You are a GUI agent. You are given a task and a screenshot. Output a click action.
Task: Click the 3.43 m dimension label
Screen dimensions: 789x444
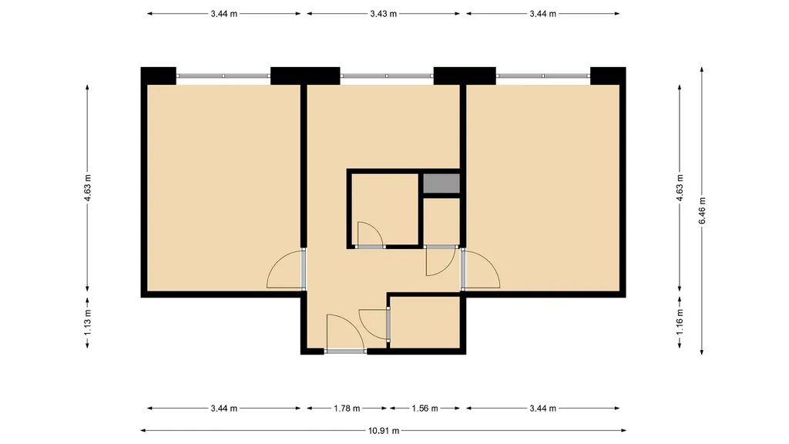[x=384, y=14]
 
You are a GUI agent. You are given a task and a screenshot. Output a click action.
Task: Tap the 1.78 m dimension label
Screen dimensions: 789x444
[x=347, y=409]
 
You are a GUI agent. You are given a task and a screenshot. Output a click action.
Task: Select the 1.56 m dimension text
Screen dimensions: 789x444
[x=425, y=409]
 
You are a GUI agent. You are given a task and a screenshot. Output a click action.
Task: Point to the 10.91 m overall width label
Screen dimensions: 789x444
[x=384, y=430]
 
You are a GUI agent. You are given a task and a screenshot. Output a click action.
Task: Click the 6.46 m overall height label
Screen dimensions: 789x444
[x=702, y=210]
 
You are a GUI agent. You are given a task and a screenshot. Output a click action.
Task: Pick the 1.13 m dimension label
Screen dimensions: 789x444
[x=88, y=322]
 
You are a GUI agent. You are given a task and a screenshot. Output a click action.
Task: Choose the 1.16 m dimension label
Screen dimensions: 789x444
[x=680, y=322]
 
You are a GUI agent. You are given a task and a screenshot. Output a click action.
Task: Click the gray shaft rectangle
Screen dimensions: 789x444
[x=442, y=183]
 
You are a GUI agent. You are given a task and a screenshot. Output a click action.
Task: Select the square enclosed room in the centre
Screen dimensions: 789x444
[x=384, y=209]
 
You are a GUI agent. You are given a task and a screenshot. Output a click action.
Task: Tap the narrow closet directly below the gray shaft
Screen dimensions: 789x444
[x=442, y=221]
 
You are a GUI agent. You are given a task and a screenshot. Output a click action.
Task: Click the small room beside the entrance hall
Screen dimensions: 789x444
[x=425, y=321]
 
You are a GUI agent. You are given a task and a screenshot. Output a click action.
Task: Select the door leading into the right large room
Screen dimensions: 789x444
[x=481, y=269]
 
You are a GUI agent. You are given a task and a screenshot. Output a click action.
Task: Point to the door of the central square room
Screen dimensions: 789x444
[x=370, y=234]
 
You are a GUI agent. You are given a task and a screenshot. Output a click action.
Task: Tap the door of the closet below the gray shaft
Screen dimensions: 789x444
[x=441, y=261]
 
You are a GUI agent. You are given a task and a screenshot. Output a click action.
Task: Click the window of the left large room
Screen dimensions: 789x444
[x=223, y=76]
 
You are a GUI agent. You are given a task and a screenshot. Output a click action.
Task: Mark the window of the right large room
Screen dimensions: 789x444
[x=543, y=76]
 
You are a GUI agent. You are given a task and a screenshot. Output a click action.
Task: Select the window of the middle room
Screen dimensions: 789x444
[x=387, y=76]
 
